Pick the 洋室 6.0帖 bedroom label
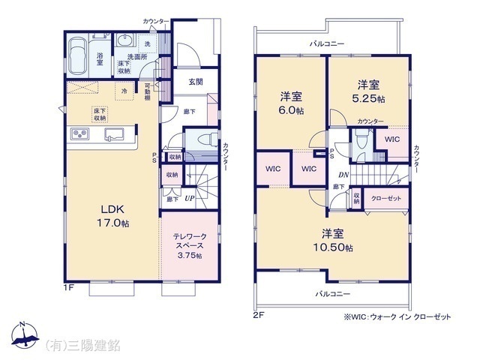coord(292,103)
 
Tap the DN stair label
coord(342,175)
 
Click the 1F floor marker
coord(69,286)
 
